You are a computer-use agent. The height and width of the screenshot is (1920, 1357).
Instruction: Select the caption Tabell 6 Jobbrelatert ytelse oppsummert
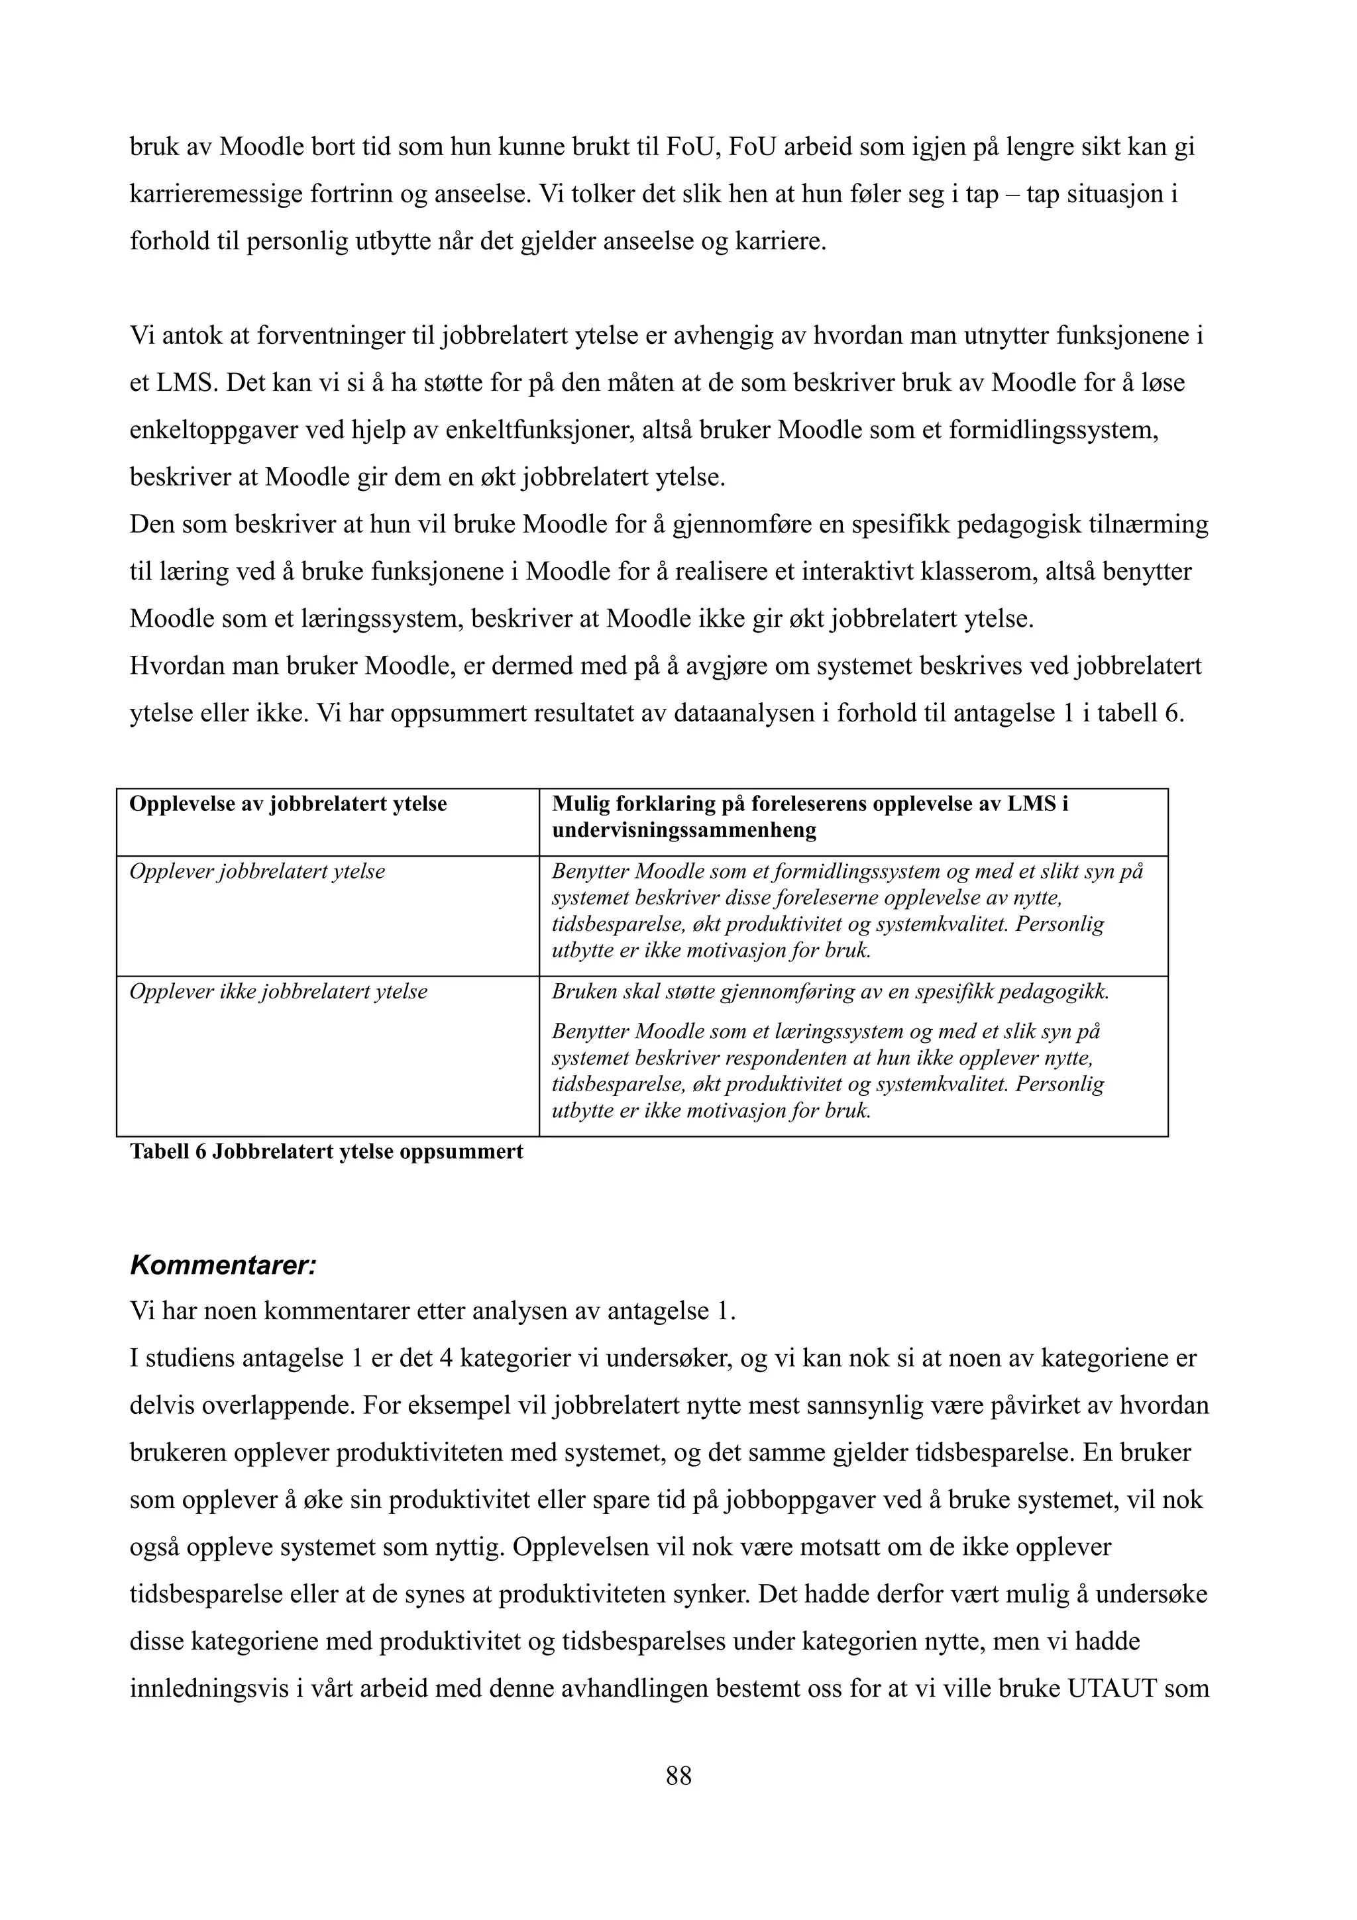tap(326, 1151)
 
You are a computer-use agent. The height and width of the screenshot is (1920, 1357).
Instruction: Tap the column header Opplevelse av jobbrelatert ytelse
tap(288, 804)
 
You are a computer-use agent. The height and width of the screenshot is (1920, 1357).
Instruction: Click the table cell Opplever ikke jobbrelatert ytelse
tap(278, 992)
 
